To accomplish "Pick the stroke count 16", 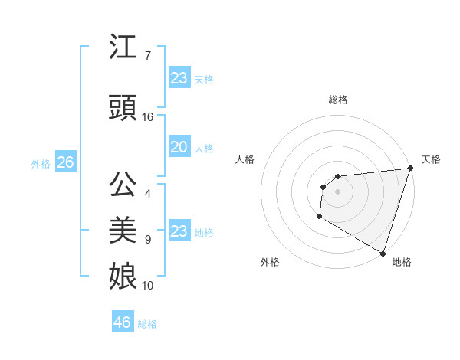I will click(148, 117).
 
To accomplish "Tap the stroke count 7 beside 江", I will click(147, 56).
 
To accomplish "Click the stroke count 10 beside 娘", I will click(148, 286).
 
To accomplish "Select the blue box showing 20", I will click(179, 147).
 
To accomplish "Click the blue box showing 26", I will click(65, 162).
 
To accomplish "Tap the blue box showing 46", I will click(122, 322).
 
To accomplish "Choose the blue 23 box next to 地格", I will click(179, 231).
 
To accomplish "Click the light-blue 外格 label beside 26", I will click(41, 163).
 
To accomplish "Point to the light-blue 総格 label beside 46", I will click(147, 324).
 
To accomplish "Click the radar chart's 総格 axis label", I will click(337, 100).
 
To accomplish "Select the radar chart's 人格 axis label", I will click(245, 159).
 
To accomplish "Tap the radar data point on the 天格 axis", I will click(410, 169).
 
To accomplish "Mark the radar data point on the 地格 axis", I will click(383, 253).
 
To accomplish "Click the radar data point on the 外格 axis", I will click(319, 217).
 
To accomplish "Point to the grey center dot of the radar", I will click(337, 191).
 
